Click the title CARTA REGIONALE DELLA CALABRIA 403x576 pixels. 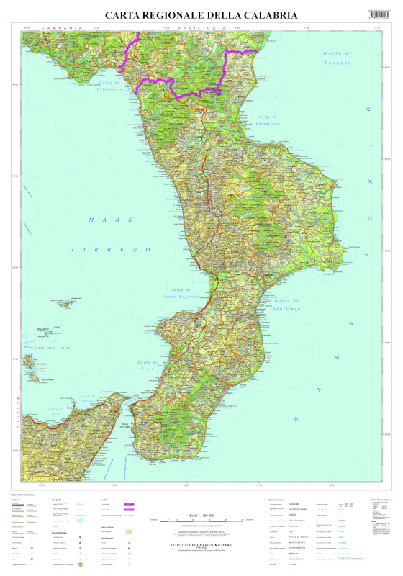point(201,14)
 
